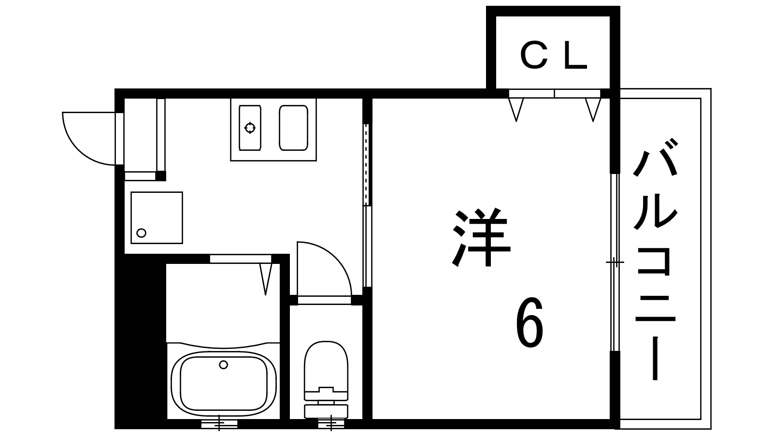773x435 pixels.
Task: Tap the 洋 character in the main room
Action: [481, 237]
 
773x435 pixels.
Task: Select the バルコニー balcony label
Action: [655, 259]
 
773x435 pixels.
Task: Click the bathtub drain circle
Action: [224, 364]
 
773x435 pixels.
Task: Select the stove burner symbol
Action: [250, 128]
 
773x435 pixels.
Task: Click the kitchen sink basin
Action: [293, 128]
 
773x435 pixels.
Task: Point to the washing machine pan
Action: [157, 218]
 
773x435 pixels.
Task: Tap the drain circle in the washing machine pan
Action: [141, 233]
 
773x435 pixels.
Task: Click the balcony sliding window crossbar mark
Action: [615, 262]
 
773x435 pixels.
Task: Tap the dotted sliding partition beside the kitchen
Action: [367, 165]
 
